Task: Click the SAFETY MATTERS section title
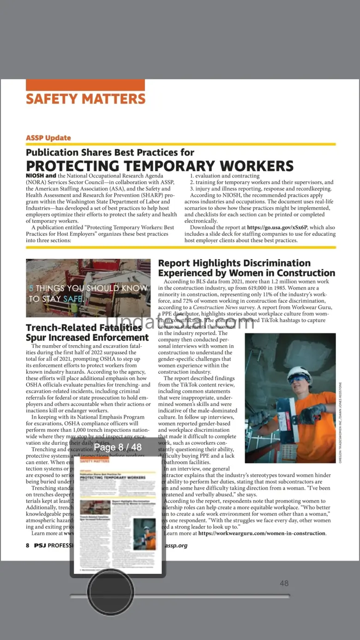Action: [86, 99]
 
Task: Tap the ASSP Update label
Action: [48, 138]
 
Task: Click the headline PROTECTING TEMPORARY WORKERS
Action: [160, 166]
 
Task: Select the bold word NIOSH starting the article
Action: [35, 176]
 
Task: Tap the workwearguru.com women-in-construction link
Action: [262, 533]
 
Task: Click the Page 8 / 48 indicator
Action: [118, 447]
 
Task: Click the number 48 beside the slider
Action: [284, 583]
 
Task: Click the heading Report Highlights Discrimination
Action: [234, 263]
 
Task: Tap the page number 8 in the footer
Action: [28, 545]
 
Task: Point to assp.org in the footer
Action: [176, 545]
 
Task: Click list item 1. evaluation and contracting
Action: [225, 176]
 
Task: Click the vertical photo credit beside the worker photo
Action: [341, 422]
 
